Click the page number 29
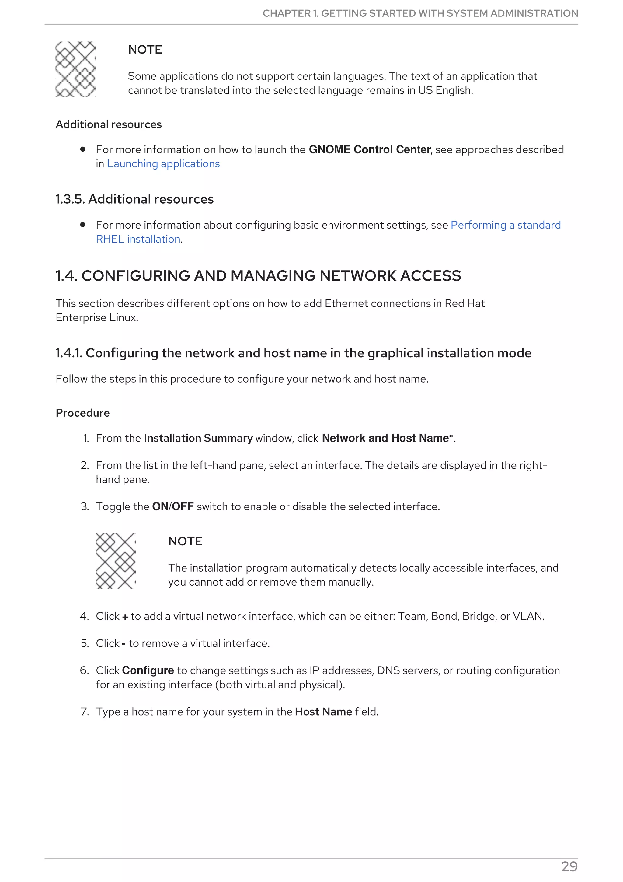[569, 867]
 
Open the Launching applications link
[163, 164]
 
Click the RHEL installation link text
[138, 239]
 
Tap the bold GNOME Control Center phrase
[370, 149]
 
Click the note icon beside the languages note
[76, 69]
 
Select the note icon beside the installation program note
[116, 561]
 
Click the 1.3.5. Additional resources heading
[134, 199]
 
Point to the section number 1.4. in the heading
[66, 276]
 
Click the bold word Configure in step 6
[148, 670]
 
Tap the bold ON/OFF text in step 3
[173, 506]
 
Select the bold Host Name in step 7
[323, 712]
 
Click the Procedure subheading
[82, 413]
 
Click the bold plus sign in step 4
[125, 617]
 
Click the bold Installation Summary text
[198, 438]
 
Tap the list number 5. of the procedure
[85, 643]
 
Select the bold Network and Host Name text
[385, 438]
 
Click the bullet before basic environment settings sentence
[82, 225]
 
